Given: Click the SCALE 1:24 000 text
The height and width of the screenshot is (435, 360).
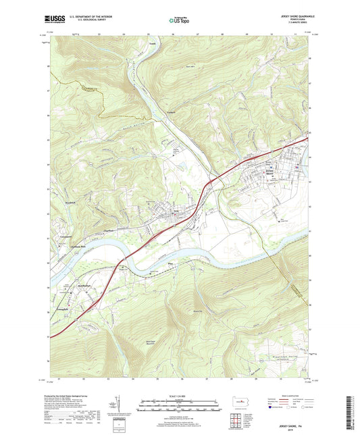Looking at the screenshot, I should tap(180, 395).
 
